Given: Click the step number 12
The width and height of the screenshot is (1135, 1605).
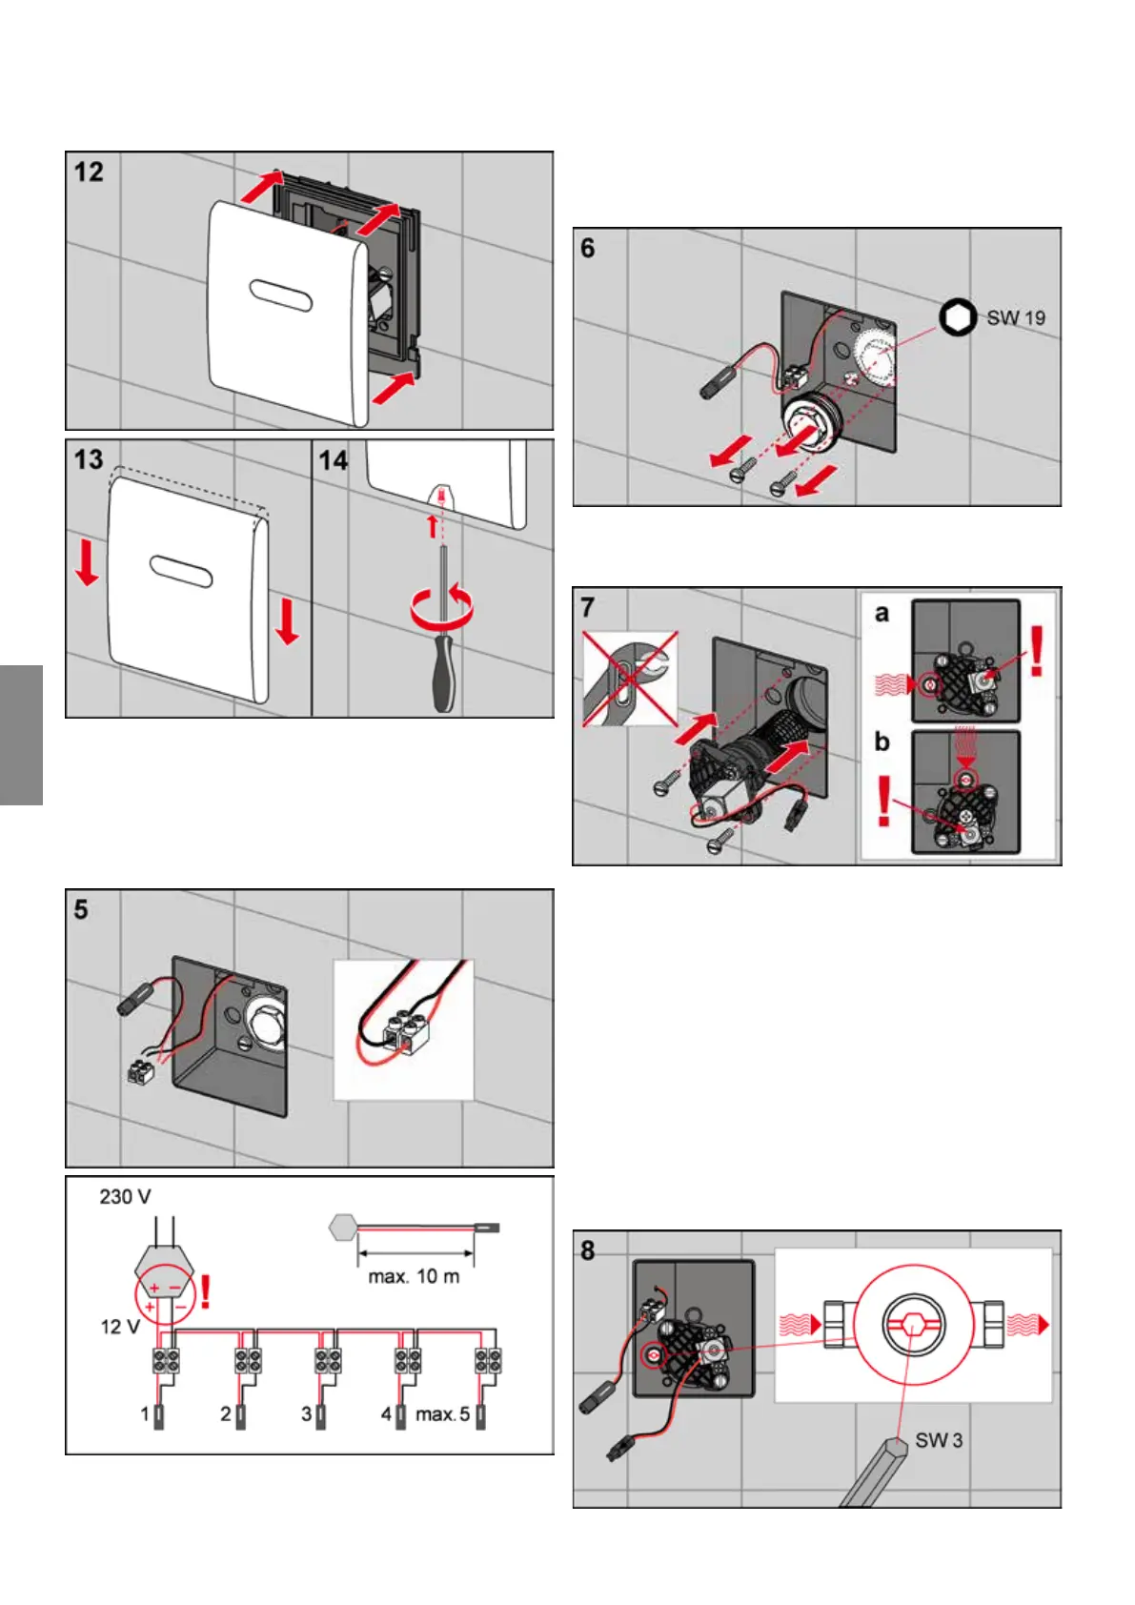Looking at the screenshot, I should pos(89,173).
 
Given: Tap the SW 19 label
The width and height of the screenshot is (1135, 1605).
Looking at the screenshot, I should pos(1016,318).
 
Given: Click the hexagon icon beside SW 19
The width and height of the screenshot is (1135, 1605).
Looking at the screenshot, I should pos(958,317).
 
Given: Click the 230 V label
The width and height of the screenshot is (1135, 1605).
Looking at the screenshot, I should pos(125,1197).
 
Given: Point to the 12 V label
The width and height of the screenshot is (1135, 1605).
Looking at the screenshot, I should pos(120,1327).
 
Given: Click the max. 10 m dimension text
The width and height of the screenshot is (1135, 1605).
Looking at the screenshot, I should pos(414,1276).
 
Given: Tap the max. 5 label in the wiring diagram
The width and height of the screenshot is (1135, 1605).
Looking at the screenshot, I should pos(442,1414).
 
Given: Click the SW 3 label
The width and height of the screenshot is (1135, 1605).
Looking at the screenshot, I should pos(939,1440).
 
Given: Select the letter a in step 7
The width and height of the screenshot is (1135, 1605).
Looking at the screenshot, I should pos(882,614).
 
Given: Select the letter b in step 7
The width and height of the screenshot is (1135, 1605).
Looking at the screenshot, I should pos(882,741).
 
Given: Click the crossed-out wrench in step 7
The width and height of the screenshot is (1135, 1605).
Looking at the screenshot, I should pos(630,678).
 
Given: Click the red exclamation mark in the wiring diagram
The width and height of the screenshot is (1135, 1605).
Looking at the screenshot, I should pos(205,1292).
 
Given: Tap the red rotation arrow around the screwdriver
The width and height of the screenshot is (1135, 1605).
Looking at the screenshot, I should pos(442,608).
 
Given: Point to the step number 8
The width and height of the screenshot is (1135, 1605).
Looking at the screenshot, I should pos(588,1250).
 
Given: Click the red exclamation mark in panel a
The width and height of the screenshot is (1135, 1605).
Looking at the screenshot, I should pos(1037,650).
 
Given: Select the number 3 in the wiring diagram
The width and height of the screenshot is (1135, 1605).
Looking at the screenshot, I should pos(307,1414).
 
